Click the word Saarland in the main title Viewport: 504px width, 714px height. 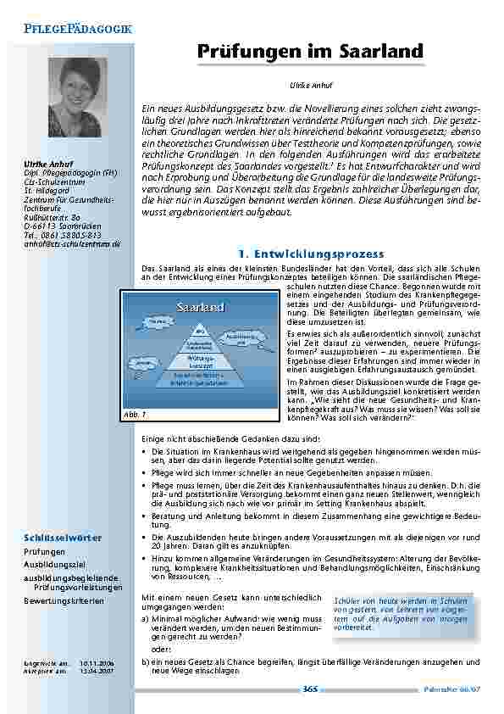376,52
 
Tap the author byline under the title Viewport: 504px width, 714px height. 303,86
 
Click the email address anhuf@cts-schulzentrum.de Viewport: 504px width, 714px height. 72,243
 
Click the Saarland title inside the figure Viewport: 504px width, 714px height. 200,306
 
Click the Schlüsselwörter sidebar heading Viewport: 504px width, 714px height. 63,538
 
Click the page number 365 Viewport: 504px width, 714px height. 310,689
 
